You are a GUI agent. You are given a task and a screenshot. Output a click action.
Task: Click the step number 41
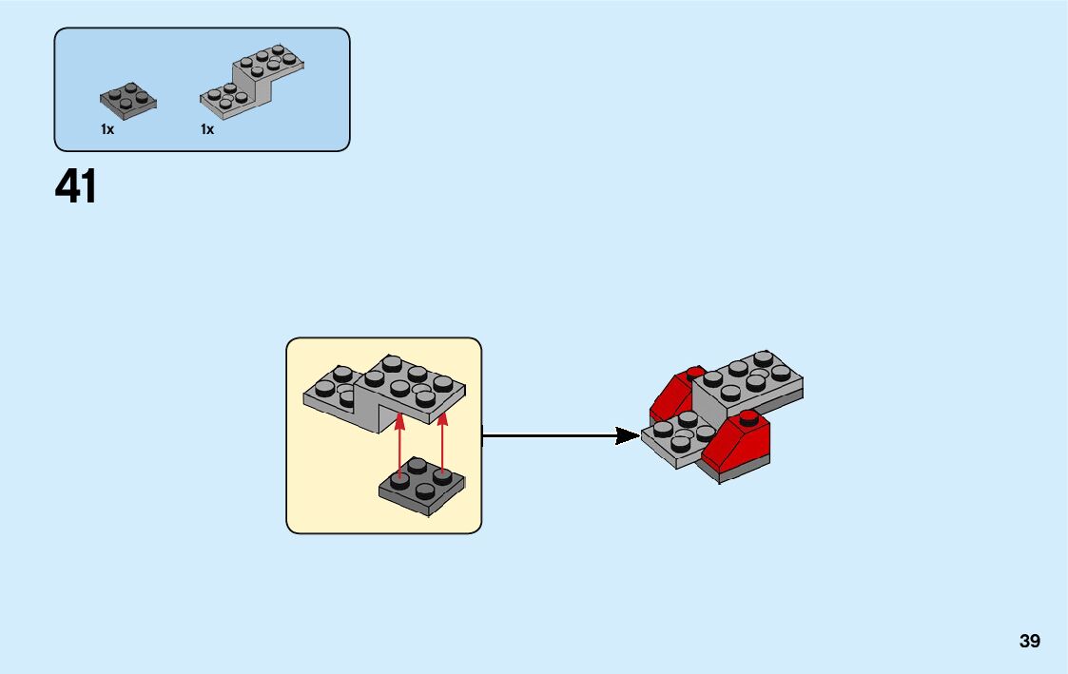point(76,187)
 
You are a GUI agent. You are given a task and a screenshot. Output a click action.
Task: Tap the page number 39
point(1029,641)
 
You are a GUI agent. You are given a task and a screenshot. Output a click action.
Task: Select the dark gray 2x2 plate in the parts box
point(128,100)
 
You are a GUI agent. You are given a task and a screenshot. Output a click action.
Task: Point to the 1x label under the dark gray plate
point(107,129)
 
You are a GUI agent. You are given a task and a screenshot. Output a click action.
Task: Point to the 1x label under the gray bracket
point(207,129)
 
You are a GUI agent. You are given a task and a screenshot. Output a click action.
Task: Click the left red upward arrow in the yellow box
point(400,442)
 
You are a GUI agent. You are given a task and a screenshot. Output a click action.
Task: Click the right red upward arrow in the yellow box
point(442,442)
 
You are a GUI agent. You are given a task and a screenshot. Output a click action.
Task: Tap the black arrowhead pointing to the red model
point(627,436)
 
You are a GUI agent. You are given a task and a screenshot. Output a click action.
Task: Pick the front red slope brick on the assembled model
point(743,439)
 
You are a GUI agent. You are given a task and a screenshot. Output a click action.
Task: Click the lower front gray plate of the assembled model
point(677,438)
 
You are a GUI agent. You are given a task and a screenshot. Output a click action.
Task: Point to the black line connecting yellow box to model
point(552,436)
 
